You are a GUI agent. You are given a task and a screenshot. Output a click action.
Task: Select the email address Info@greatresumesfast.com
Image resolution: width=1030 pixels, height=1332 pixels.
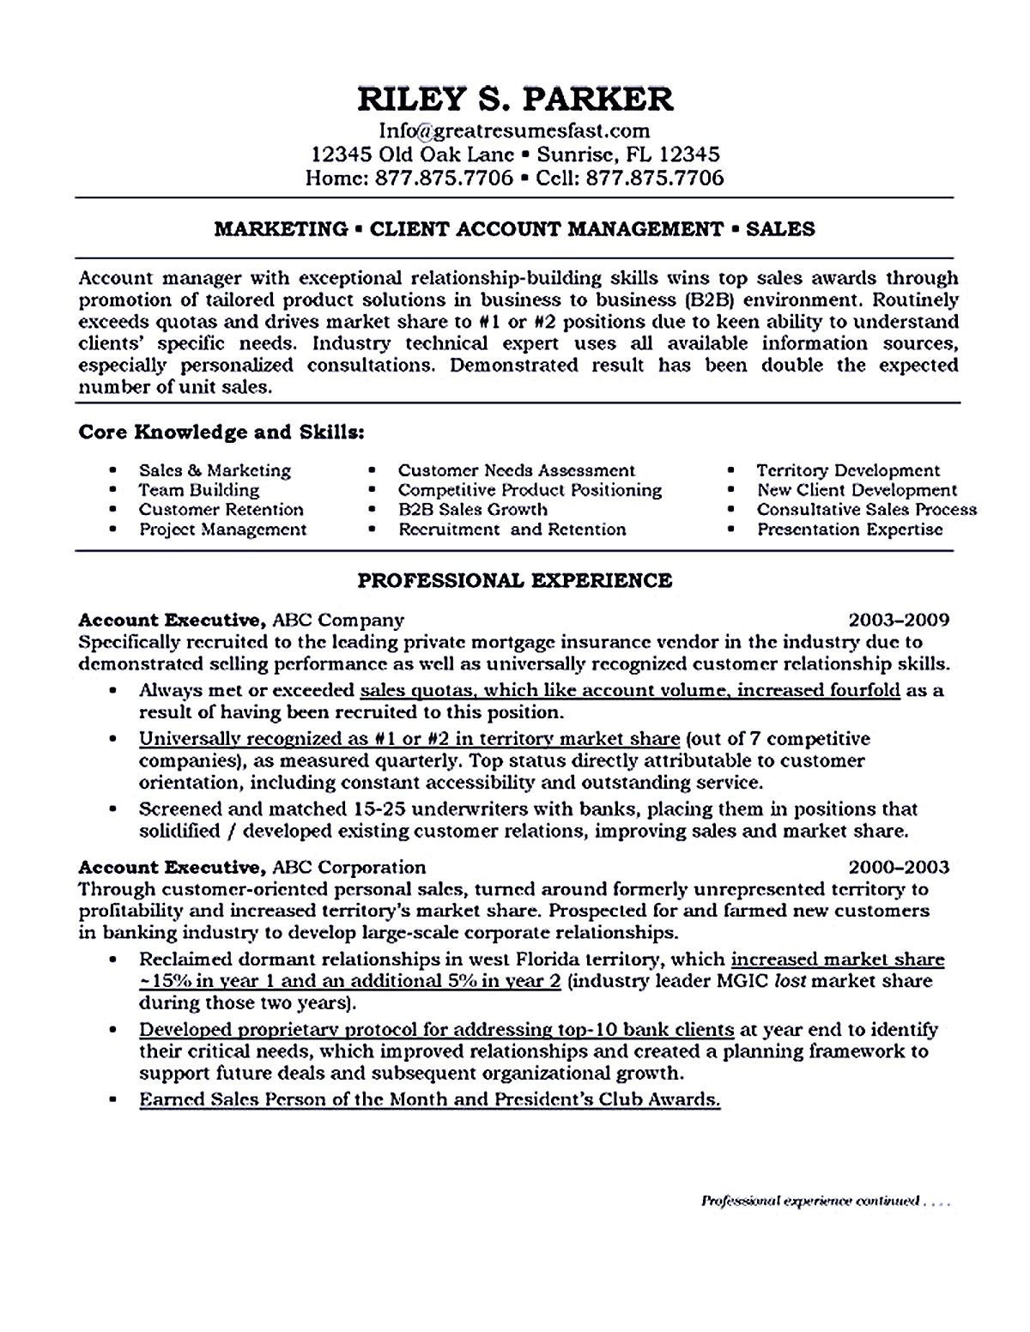pos(515,130)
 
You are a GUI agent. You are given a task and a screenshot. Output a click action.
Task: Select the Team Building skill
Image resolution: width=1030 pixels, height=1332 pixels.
pos(199,490)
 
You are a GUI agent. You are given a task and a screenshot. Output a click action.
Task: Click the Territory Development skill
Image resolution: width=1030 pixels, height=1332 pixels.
pos(848,470)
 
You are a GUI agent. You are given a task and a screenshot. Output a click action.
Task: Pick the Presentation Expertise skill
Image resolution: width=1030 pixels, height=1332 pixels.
pos(850,529)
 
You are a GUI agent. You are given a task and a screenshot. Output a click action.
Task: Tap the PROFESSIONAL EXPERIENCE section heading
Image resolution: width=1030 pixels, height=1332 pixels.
pos(515,581)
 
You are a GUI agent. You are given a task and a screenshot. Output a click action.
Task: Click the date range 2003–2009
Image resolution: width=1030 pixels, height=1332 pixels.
pos(899,620)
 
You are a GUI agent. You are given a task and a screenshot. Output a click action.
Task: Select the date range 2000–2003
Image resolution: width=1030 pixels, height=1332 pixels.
pos(899,867)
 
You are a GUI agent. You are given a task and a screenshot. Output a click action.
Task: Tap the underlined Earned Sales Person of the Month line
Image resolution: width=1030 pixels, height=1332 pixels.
pos(429,1099)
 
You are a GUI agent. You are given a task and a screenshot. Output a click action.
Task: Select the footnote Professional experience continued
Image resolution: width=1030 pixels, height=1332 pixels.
pos(811,1202)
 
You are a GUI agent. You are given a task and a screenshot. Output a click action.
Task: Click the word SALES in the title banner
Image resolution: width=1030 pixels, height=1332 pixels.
pos(780,228)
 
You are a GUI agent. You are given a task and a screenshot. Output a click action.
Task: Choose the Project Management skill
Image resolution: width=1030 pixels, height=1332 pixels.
pos(223,529)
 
